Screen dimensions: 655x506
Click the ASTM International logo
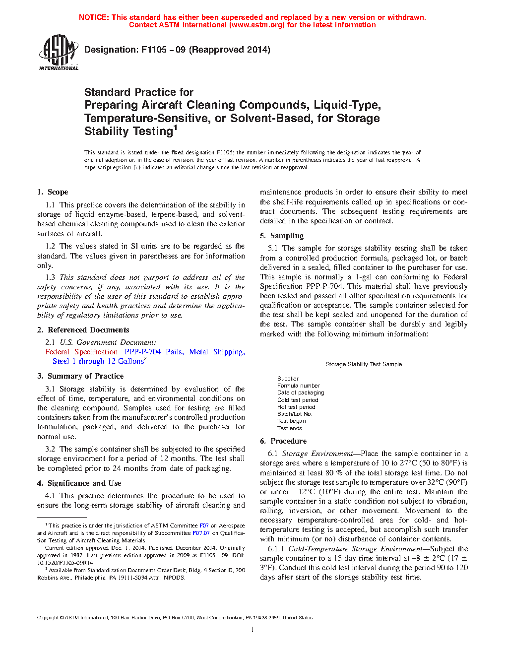click(59, 52)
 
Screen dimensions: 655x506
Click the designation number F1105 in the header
click(154, 50)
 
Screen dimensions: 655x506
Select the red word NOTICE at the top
click(94, 17)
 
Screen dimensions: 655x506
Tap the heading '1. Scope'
click(53, 192)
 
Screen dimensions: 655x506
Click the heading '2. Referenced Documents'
click(83, 330)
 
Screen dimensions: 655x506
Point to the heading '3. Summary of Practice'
click(80, 376)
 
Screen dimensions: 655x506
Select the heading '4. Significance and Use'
click(79, 483)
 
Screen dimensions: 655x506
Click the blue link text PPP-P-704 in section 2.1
click(142, 352)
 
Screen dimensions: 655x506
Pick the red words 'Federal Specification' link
click(81, 352)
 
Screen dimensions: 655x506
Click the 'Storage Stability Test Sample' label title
click(364, 364)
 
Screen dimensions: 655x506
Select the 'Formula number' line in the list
click(299, 386)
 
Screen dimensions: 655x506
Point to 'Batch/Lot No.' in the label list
click(295, 414)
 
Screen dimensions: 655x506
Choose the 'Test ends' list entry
click(290, 428)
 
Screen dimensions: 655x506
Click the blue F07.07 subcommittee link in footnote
click(201, 533)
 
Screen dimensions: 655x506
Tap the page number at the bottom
click(253, 630)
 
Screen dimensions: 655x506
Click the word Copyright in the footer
click(48, 618)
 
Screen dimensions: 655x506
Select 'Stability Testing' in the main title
click(128, 131)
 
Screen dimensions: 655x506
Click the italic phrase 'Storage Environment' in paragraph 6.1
click(317, 454)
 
